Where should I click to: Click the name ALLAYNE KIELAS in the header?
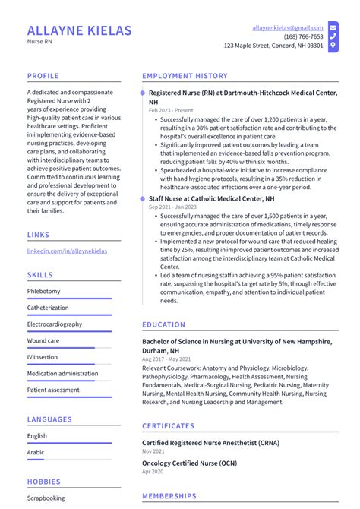coord(79,31)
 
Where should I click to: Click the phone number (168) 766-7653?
coord(303,36)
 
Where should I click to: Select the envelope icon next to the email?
coord(333,27)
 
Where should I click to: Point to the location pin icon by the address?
coord(333,46)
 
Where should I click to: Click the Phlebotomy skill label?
coord(43,291)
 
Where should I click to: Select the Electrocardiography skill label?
coord(55,324)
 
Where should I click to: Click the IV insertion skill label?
coord(42,357)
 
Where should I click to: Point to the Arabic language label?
coord(36,452)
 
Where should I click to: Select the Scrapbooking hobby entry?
coord(46,498)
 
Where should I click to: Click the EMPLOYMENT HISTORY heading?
coord(185,76)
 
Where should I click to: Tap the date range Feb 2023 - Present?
coord(171,110)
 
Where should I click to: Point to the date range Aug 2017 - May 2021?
coord(166,359)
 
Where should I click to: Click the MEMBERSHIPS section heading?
coord(169,496)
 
